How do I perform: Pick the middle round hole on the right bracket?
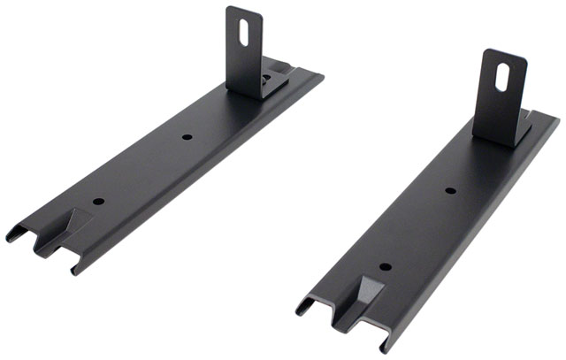coord(449,190)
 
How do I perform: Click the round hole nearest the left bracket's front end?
coord(98,201)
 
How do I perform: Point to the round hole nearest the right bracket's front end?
coord(384,266)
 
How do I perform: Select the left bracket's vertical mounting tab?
coord(245,49)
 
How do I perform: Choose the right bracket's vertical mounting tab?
coord(501,93)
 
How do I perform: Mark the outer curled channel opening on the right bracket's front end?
coord(305,305)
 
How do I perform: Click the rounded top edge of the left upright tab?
coord(243,9)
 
